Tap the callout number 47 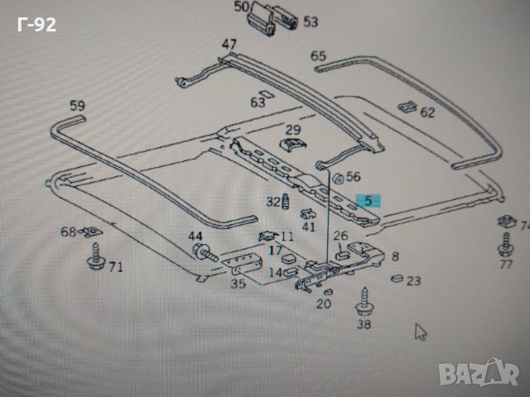click(229, 44)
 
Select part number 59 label click(77, 106)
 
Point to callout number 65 click(319, 56)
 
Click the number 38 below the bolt click(364, 325)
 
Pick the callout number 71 click(115, 266)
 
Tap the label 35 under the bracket click(238, 284)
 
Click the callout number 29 click(293, 130)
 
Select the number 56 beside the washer click(354, 176)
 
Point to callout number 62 click(426, 112)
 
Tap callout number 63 click(258, 103)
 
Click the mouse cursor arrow click(421, 332)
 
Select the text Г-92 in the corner click(37, 25)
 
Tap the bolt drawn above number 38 click(364, 300)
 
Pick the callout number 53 click(310, 22)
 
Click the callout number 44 click(195, 237)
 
